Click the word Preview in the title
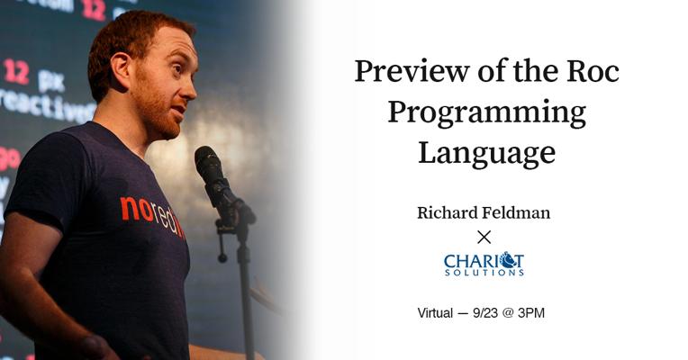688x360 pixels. click(412, 71)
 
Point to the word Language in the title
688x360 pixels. click(486, 154)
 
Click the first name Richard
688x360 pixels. click(448, 212)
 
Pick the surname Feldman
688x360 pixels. click(516, 212)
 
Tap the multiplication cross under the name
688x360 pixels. click(484, 238)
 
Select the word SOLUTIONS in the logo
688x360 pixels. click(484, 273)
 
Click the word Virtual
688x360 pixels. click(435, 313)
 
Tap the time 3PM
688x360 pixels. click(531, 313)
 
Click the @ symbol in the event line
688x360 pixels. click(508, 313)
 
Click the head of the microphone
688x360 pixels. click(210, 165)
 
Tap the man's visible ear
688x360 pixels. click(122, 68)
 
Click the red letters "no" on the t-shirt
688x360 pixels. click(136, 209)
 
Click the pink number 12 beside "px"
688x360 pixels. click(16, 71)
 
